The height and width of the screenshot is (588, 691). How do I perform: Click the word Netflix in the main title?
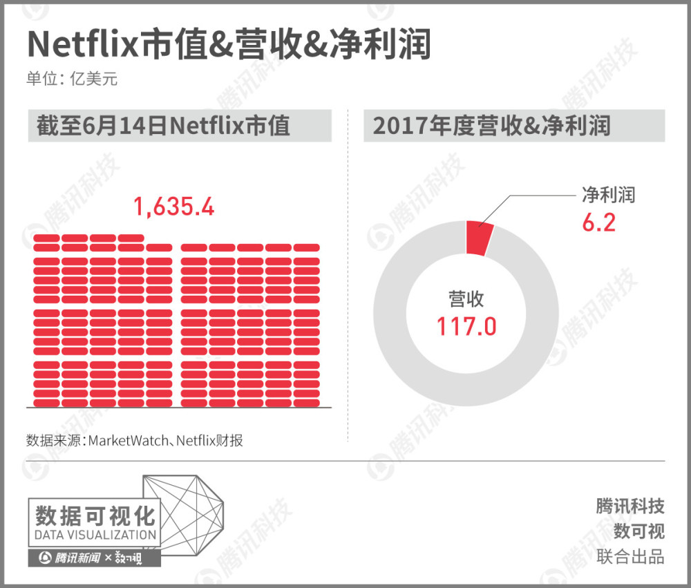point(83,45)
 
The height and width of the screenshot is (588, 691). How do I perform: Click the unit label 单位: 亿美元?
point(72,79)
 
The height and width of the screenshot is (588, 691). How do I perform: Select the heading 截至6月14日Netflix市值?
point(164,126)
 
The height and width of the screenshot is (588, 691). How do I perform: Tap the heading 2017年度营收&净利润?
point(491,126)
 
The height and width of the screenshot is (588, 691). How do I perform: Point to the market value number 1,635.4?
point(173,207)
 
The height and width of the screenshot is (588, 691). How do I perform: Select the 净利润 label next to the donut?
point(607,195)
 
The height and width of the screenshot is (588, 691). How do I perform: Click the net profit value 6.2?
point(598,222)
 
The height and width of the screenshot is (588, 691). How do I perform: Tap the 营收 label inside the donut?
point(466,299)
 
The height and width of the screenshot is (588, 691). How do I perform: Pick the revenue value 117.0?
point(466,325)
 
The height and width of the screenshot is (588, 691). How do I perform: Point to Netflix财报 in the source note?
point(209,440)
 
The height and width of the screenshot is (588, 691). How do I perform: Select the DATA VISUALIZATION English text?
point(95,535)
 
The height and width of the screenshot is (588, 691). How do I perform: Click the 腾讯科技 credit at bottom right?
point(630,506)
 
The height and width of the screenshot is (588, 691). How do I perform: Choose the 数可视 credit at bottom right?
point(638,531)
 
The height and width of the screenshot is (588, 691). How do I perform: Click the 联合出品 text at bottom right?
point(630,556)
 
